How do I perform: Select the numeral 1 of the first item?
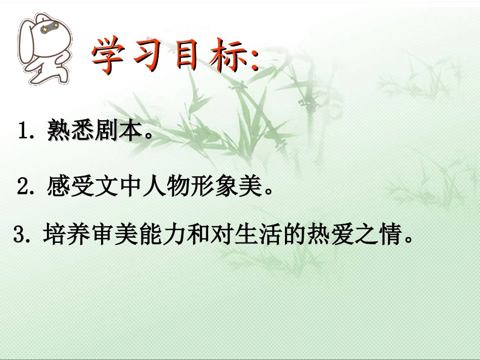coord(23,132)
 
